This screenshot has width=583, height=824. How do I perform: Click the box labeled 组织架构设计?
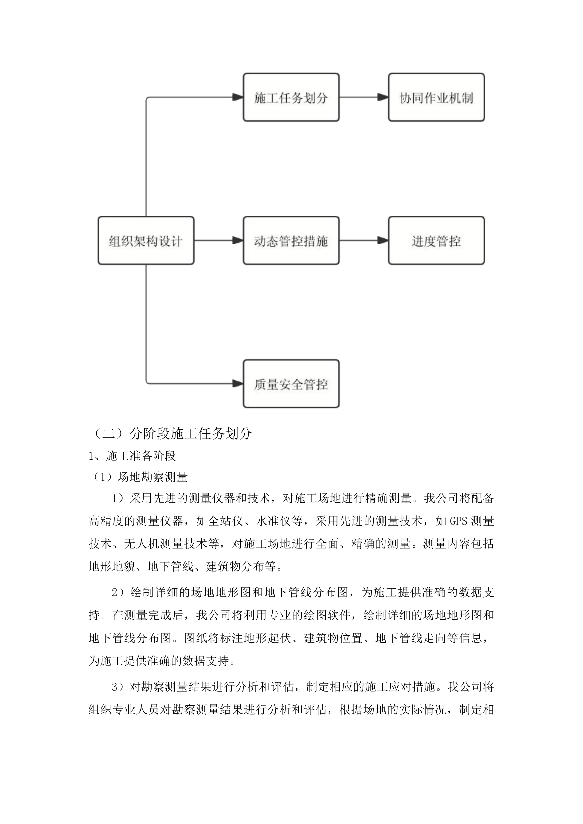click(146, 241)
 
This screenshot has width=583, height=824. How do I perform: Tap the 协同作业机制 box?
click(436, 97)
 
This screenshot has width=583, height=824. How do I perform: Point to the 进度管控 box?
click(436, 241)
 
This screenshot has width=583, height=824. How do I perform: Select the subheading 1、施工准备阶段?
click(132, 456)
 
